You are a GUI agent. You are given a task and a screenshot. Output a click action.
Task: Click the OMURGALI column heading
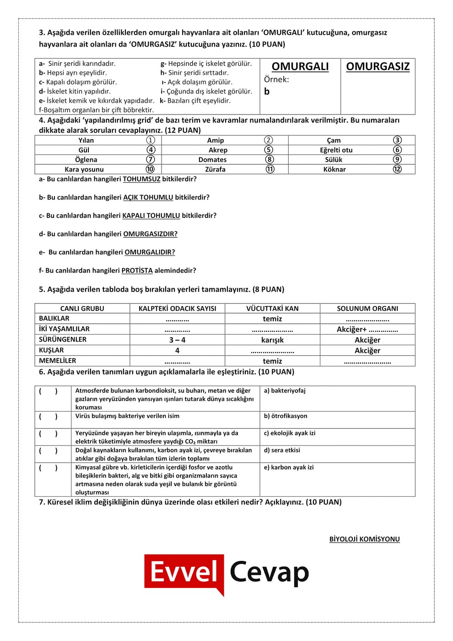click(x=300, y=66)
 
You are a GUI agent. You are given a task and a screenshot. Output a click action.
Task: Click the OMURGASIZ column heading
click(x=377, y=66)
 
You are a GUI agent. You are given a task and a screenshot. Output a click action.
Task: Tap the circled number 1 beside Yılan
click(x=151, y=140)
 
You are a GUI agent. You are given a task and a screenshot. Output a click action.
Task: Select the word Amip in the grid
click(x=216, y=141)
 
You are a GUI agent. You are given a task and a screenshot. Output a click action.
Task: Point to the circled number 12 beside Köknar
click(x=397, y=169)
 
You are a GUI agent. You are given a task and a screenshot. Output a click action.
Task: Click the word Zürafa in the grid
click(x=215, y=169)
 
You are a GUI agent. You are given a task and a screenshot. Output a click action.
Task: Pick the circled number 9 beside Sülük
click(x=397, y=159)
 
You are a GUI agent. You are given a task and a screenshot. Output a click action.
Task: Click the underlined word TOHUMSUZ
click(x=141, y=179)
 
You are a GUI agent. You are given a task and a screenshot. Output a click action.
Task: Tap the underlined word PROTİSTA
click(x=137, y=271)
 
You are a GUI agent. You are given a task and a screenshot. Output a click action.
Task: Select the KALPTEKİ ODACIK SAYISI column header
click(x=178, y=309)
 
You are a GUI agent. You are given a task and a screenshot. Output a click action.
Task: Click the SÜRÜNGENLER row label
click(x=63, y=339)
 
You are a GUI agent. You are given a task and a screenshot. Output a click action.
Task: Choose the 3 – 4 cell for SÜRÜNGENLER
click(x=177, y=340)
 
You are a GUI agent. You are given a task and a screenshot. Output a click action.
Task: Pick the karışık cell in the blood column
click(x=272, y=340)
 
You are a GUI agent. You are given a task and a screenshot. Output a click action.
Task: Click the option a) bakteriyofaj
click(x=285, y=391)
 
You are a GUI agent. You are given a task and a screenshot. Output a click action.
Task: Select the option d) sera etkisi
click(x=282, y=450)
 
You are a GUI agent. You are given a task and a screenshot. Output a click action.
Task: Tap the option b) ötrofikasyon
click(x=286, y=416)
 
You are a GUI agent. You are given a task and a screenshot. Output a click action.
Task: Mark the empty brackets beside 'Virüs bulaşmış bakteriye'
click(x=48, y=416)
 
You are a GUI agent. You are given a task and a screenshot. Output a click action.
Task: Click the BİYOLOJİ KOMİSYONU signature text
click(x=364, y=539)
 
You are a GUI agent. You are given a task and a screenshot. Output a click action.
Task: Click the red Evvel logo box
click(x=184, y=572)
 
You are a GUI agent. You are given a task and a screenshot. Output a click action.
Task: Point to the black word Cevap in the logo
click(x=269, y=572)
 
